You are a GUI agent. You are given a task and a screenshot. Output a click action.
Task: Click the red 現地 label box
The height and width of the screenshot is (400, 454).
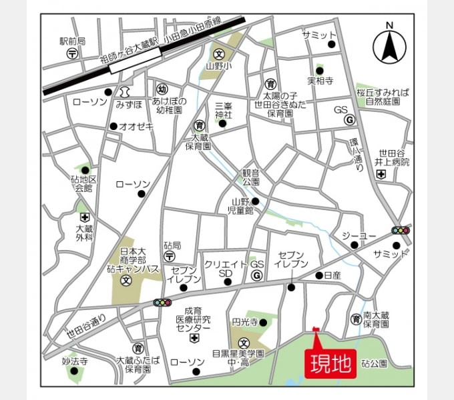(331, 363)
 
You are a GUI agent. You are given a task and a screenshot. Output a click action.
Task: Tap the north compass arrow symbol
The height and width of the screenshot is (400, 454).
(389, 46)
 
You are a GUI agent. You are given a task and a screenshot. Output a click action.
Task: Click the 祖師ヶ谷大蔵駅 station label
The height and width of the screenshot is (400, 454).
(129, 48)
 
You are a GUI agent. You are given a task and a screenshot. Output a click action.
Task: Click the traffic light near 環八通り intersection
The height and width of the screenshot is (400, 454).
(401, 231)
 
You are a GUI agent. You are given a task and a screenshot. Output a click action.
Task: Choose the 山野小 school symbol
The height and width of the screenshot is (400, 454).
(218, 53)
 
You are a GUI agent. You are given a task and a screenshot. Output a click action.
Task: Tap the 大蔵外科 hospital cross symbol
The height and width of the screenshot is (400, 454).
(84, 219)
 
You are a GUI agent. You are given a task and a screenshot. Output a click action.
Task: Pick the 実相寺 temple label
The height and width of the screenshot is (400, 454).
(320, 81)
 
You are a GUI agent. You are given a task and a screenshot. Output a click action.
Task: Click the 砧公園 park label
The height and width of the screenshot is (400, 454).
(375, 363)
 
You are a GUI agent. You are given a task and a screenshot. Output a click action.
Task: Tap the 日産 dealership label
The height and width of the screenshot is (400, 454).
(332, 275)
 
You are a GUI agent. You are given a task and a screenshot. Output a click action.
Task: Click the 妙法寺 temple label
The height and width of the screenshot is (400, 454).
(75, 361)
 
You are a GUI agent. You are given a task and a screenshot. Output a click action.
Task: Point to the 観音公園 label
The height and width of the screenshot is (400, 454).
(251, 177)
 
